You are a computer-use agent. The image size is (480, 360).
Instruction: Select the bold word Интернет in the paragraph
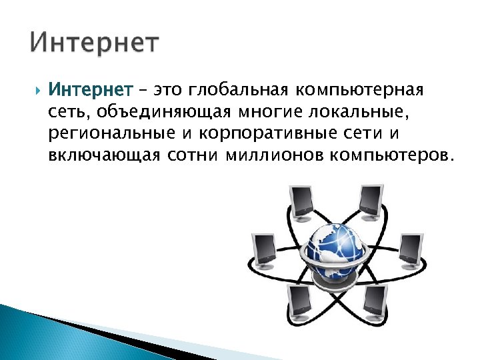point(91,89)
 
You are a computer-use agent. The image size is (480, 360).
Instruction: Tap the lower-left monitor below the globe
point(298,301)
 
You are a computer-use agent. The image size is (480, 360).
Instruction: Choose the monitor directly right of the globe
point(409,249)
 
